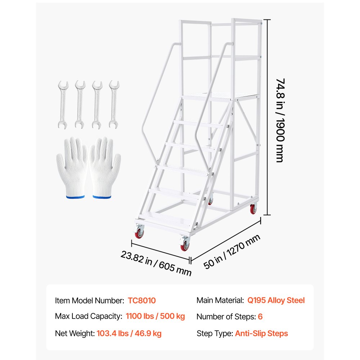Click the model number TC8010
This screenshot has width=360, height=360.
pos(141,300)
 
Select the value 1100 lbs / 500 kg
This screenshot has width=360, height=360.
pos(155,316)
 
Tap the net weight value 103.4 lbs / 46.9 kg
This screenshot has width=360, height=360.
pos(129,333)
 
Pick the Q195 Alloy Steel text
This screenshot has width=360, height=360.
pos(276,300)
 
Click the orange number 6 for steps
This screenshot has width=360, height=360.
pos(260,316)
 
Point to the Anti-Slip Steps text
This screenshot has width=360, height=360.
pos(261,333)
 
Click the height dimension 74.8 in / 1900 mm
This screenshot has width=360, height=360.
pos(280,120)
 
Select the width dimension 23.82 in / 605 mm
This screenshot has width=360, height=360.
pos(156,263)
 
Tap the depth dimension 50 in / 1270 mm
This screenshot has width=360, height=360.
pos(231,251)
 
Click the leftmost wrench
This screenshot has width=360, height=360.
pos(63,104)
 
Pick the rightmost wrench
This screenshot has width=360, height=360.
pos(114,104)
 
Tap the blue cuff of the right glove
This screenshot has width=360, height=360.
pos(102,197)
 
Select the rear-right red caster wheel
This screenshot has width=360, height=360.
pos(253,209)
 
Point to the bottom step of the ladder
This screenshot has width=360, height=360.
pos(166,220)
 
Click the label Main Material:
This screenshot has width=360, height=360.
pos(220,300)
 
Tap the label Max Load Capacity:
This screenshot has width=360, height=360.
pos(89,316)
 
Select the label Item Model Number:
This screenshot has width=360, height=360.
pos(90,300)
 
